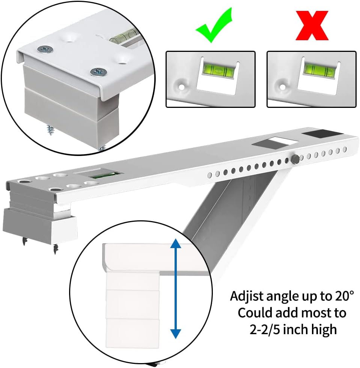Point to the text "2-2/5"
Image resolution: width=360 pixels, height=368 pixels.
point(265,330)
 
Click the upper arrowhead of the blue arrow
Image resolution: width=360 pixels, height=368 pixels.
point(176,244)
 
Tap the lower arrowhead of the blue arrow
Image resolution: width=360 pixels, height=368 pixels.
point(176,333)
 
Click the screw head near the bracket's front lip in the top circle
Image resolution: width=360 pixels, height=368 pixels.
point(99,71)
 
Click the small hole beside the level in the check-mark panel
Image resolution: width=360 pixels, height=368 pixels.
point(181,87)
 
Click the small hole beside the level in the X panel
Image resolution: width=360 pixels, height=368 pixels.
point(282,87)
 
